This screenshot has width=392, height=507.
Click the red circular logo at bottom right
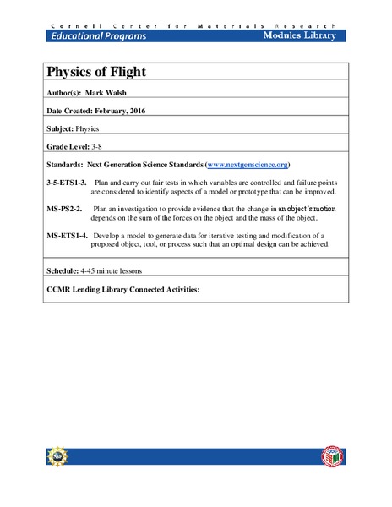click(333, 456)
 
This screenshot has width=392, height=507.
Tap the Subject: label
click(59, 129)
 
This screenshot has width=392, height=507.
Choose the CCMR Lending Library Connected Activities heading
click(122, 289)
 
